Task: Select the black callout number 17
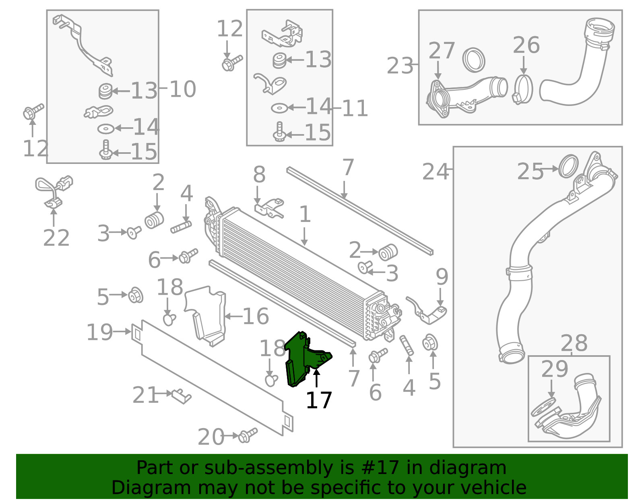(319, 400)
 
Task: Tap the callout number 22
(56, 238)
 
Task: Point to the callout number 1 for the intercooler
(305, 214)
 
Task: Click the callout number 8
(259, 175)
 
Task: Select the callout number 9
(442, 277)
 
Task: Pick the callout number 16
(256, 316)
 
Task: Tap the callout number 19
(99, 332)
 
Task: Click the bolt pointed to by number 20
(248, 435)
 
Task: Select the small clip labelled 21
(181, 395)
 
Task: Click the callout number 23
(400, 66)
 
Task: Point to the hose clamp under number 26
(523, 90)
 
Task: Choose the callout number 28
(574, 344)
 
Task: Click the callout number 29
(554, 369)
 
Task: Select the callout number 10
(182, 89)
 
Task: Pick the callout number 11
(355, 108)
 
